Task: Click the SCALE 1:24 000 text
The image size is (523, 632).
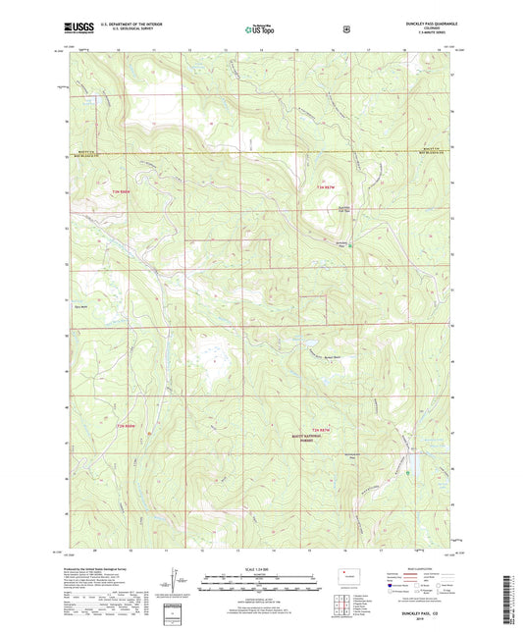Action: (x=260, y=567)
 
